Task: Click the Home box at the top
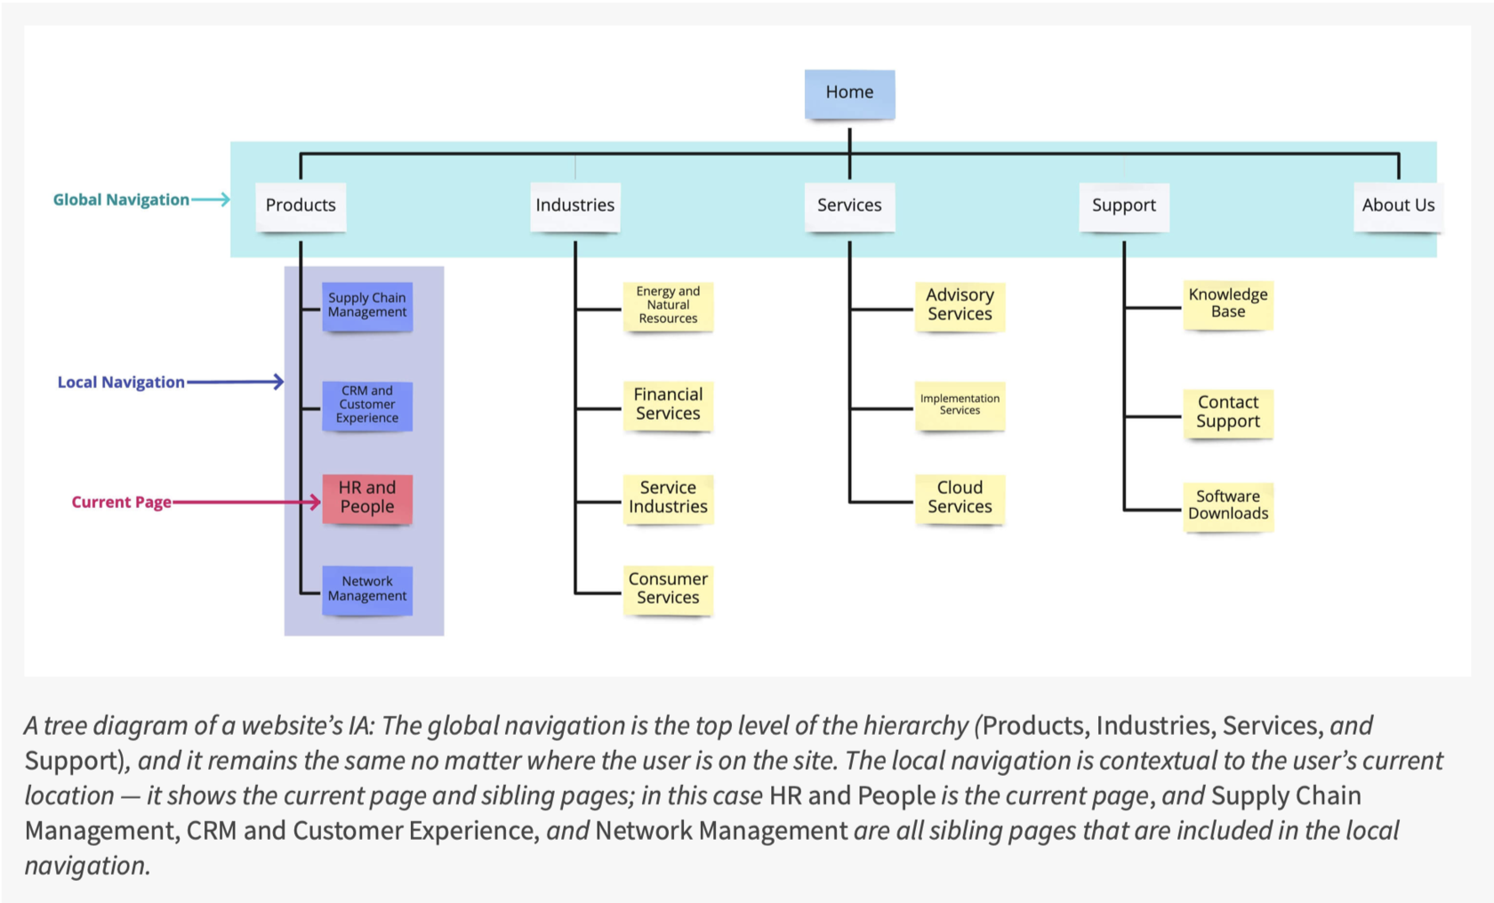pos(849,93)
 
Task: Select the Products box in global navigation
pos(301,206)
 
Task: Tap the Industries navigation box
pos(574,206)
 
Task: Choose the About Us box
pos(1397,206)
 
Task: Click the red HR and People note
pos(367,497)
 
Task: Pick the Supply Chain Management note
pos(367,305)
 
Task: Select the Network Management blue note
pos(367,589)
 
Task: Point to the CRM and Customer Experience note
pos(367,405)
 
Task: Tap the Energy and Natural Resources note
pos(668,305)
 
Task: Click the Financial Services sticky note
pos(668,404)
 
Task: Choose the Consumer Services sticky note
pos(668,588)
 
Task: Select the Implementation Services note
pos(960,405)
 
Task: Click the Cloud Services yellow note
pos(960,497)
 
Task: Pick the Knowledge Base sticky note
pos(1227,303)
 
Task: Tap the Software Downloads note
pos(1227,505)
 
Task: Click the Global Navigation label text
pos(121,200)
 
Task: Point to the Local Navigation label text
pos(121,383)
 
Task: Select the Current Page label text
pos(121,503)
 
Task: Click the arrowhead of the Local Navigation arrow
pos(279,382)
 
